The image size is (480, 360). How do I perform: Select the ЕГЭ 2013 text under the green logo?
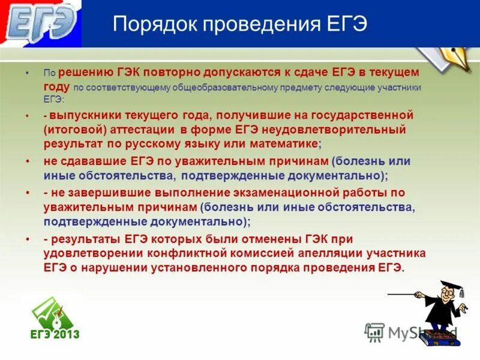(x=55, y=334)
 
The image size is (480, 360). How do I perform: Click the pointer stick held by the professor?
(x=408, y=294)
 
